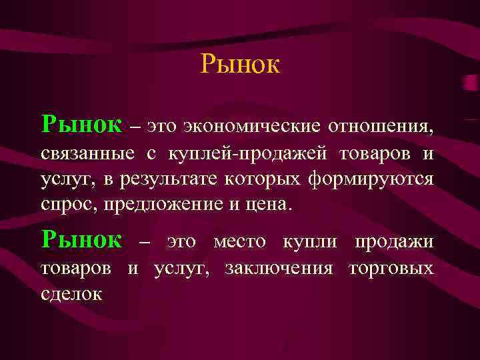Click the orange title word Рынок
tap(240, 65)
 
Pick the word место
tap(239, 241)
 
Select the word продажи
tap(393, 241)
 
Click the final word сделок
tap(71, 294)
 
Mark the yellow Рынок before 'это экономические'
tap(81, 123)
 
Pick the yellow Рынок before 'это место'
tap(81, 239)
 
